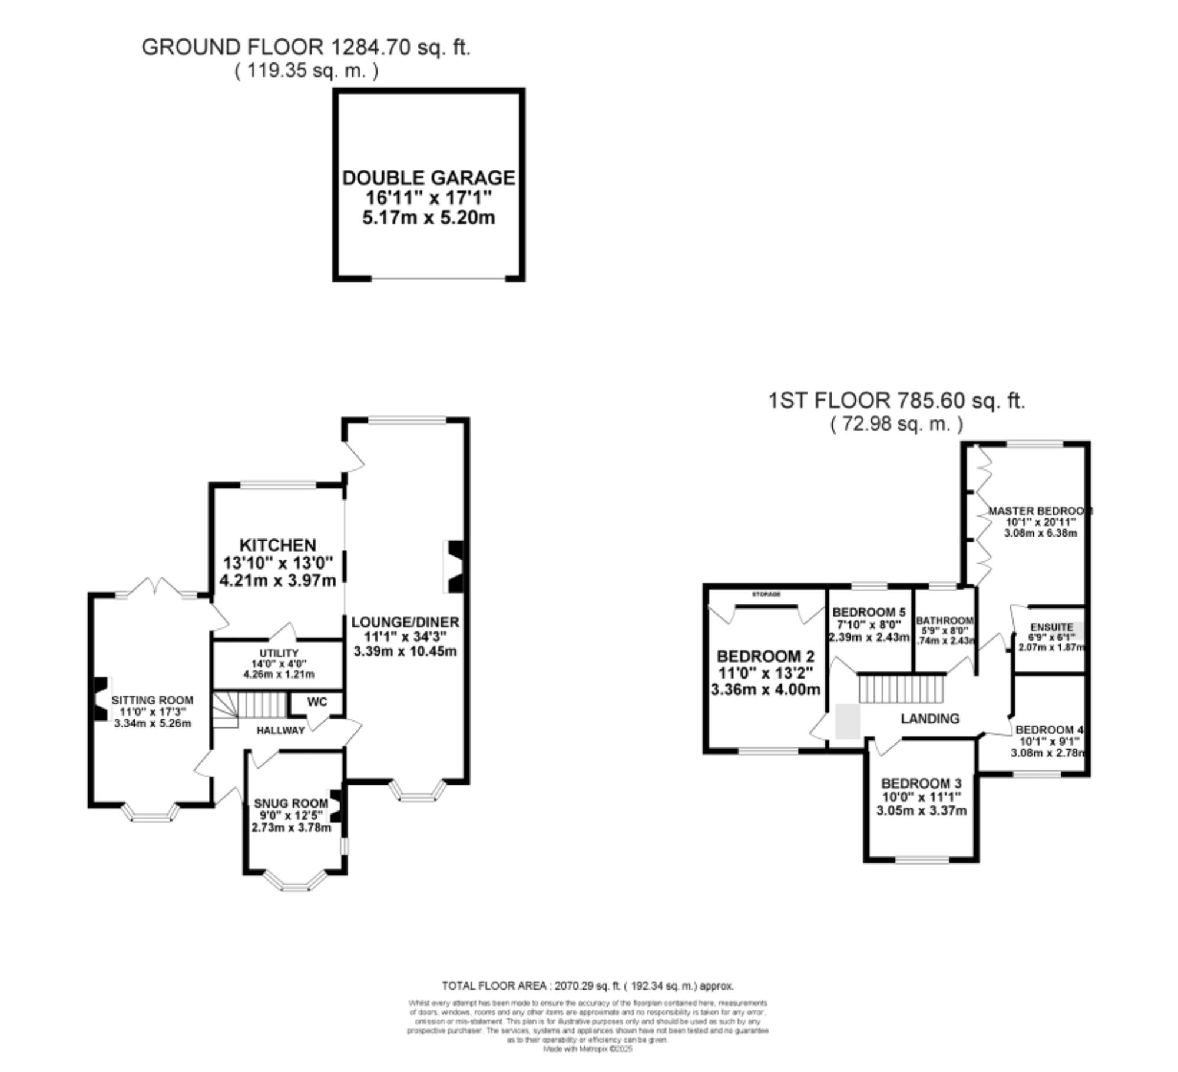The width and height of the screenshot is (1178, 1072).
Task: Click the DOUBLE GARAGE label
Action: (428, 177)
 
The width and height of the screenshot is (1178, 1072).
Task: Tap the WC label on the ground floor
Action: (317, 702)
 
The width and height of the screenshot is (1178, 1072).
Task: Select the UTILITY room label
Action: (279, 653)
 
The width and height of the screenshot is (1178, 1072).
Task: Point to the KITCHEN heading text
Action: (277, 545)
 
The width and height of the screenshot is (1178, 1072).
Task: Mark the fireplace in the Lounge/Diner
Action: (456, 566)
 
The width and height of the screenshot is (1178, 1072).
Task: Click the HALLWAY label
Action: (280, 730)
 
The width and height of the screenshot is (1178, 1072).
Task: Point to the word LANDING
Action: (930, 719)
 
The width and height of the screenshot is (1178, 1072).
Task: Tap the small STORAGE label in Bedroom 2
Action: (766, 594)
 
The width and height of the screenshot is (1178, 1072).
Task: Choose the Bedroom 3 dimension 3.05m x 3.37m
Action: (921, 810)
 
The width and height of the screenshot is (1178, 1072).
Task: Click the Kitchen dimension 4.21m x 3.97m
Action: (277, 580)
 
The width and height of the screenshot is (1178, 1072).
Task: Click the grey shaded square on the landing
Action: (847, 722)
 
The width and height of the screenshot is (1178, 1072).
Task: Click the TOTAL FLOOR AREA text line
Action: (587, 986)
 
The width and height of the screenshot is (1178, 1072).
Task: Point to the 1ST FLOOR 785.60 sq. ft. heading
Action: (896, 401)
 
